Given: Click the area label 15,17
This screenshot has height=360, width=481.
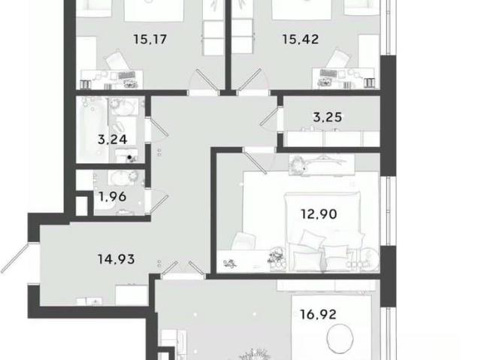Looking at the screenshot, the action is tap(150, 40).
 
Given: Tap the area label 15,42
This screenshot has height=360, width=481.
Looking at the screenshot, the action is tap(301, 40).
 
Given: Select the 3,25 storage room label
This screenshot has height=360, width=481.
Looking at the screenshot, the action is tap(328, 117).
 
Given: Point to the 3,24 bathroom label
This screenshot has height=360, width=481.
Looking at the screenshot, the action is tap(112, 140).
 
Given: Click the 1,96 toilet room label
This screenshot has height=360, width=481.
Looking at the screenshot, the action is tap(113, 197).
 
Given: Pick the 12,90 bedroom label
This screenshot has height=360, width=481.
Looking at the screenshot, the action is tap(319, 213).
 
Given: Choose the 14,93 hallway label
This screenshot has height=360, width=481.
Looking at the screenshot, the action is tap(116, 259).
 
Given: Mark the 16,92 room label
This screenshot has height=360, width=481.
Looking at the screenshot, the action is tap(318, 315).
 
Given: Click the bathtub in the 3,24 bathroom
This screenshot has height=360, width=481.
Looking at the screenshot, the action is tap(92, 130).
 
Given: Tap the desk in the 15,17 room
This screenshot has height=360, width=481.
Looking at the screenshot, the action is tap(112, 80).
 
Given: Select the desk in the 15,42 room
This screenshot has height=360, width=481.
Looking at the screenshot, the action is tap(343, 78).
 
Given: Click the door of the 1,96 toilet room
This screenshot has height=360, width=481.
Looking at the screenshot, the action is tap(159, 204).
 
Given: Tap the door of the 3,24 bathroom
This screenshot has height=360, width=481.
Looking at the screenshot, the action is tap(159, 127).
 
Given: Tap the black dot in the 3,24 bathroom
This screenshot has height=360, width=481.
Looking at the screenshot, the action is tap(129, 157).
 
